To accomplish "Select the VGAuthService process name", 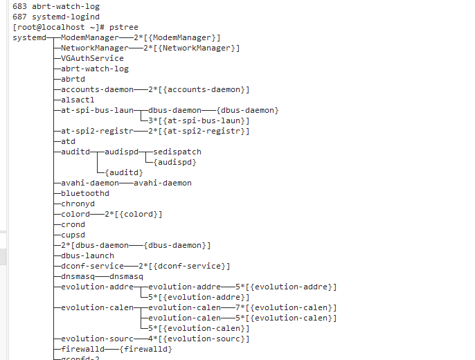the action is [x=92, y=58].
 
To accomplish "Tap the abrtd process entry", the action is [x=73, y=79].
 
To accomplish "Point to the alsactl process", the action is [x=78, y=100].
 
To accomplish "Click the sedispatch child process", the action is [x=177, y=152].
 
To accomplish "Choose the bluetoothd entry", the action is [x=85, y=193].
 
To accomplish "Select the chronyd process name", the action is [x=78, y=204].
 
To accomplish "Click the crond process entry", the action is [x=73, y=224].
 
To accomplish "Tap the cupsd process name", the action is [x=73, y=235].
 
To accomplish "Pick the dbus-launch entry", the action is [x=87, y=255].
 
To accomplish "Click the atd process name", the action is [x=68, y=141].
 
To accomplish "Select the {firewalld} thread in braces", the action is [x=145, y=349].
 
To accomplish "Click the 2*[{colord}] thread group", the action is [x=134, y=214].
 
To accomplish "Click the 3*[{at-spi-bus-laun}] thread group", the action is [x=194, y=120].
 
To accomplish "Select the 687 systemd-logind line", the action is [x=55, y=17].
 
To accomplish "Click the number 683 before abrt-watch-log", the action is [x=19, y=6].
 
